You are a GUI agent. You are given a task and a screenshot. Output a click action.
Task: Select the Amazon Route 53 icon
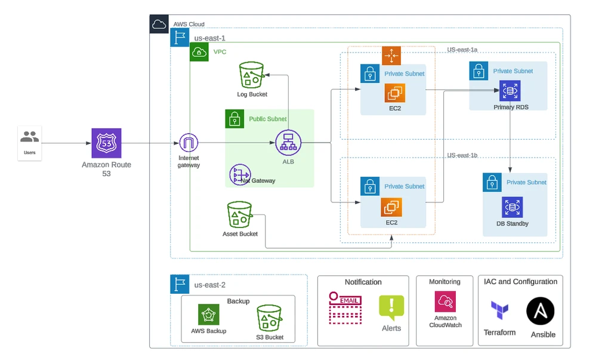tap(106, 143)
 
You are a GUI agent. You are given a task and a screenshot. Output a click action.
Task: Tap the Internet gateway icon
tap(189, 143)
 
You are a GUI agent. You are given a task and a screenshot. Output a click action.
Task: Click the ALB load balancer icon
tap(288, 143)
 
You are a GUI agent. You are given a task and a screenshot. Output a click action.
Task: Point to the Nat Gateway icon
tap(240, 174)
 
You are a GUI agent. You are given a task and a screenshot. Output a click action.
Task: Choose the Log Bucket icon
tap(252, 75)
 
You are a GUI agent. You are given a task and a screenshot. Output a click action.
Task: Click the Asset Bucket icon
tap(240, 214)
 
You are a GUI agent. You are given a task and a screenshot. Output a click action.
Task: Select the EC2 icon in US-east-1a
tap(394, 93)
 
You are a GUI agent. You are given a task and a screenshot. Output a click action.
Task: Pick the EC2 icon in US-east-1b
tap(392, 207)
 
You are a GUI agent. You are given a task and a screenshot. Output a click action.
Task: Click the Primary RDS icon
tap(510, 91)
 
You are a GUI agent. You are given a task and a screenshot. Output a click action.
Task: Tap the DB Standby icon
tap(512, 207)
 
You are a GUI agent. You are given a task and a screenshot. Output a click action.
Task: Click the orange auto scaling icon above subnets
tap(391, 56)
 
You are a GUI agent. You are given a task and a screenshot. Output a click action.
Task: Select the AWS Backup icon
tap(209, 315)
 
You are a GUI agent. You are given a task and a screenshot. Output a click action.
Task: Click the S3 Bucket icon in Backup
tap(269, 319)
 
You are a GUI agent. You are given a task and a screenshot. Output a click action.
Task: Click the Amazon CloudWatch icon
tap(445, 301)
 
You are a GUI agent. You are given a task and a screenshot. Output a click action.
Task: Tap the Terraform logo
tap(499, 312)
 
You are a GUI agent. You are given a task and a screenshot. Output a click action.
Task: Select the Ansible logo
tap(541, 312)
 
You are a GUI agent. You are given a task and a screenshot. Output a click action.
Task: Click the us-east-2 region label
tap(210, 285)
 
